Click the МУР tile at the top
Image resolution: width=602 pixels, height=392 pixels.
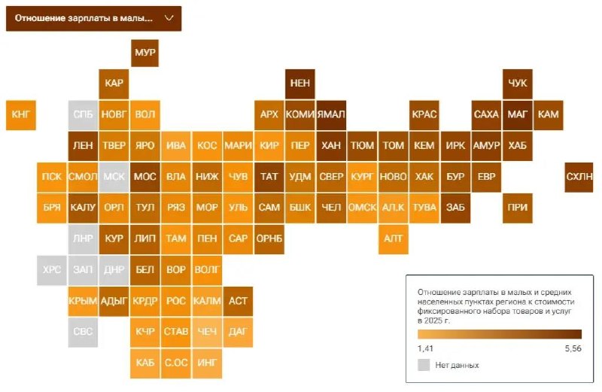(144, 53)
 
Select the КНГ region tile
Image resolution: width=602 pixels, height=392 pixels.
(20, 114)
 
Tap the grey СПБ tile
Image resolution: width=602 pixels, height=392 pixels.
(83, 114)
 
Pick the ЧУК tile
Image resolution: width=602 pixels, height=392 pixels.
(518, 84)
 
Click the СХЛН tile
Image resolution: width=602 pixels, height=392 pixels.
(579, 176)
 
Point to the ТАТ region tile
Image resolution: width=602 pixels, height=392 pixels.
(269, 176)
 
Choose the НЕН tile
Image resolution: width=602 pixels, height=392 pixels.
(299, 84)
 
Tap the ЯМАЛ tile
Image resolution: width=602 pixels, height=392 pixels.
(331, 114)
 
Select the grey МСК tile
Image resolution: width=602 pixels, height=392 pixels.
(114, 176)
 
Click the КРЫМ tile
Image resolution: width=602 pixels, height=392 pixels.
(83, 300)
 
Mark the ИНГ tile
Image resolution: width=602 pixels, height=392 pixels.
(206, 362)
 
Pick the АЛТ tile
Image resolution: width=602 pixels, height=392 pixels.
(393, 238)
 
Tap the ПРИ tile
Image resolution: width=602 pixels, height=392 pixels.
(518, 207)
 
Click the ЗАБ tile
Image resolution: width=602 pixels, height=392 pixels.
(455, 207)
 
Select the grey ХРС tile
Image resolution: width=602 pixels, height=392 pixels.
(51, 269)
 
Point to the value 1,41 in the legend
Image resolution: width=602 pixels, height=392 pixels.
(425, 348)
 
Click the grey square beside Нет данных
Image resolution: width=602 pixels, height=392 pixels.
(424, 365)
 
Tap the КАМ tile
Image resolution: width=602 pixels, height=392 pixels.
(549, 114)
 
